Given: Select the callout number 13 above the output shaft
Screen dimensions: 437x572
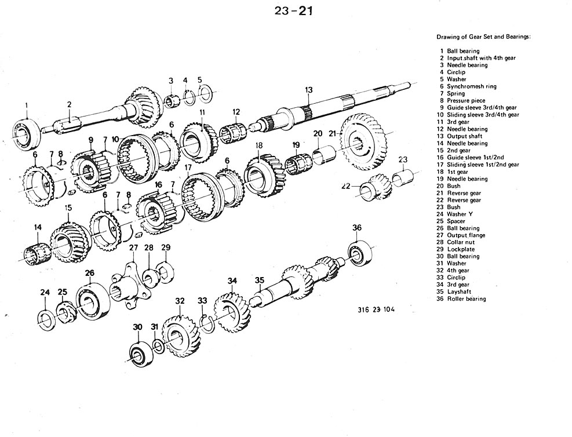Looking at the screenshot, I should [309, 90].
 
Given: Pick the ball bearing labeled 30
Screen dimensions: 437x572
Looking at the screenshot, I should [139, 353].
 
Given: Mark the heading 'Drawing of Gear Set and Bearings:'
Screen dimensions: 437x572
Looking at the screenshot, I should [483, 37].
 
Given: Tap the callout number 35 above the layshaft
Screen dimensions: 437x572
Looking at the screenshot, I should [260, 281].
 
